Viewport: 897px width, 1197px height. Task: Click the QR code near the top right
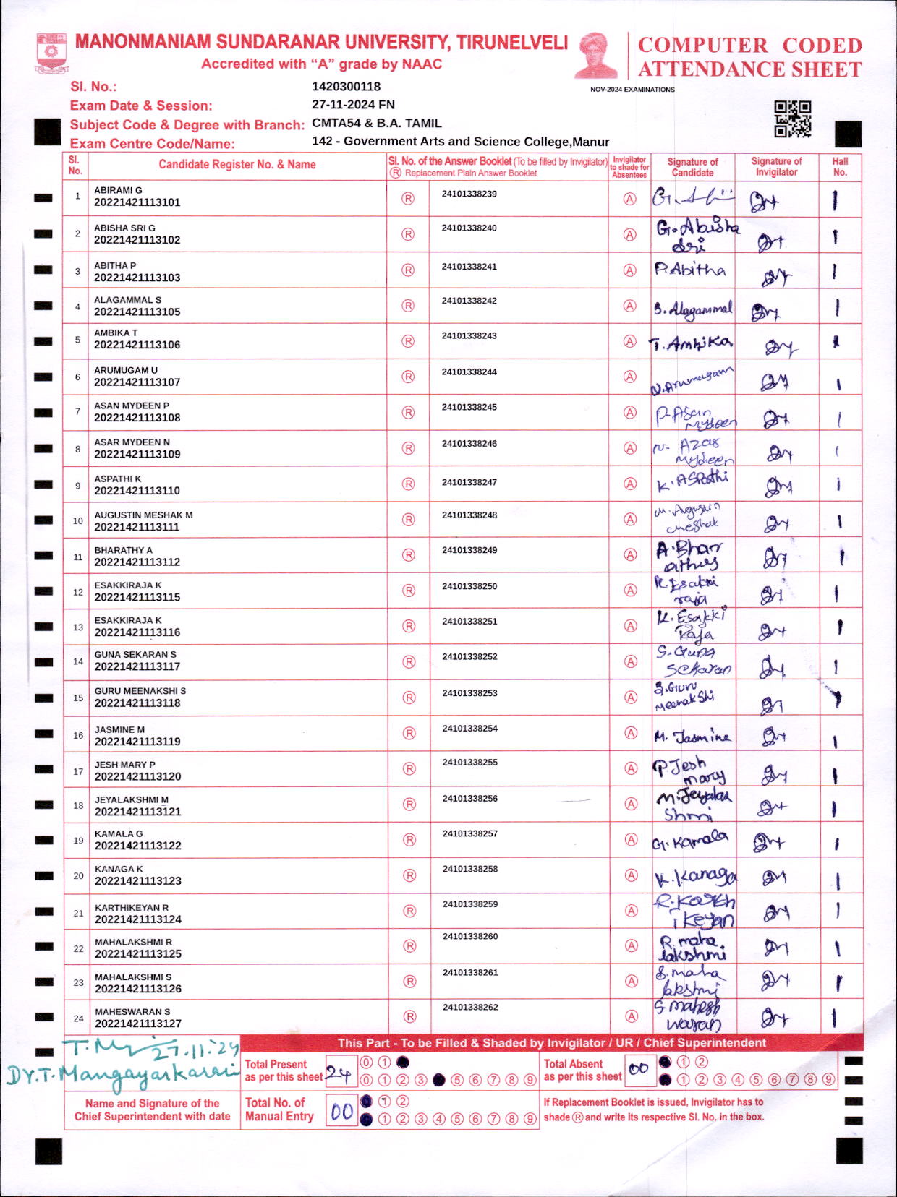[x=792, y=119]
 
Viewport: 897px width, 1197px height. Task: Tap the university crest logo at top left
[x=51, y=52]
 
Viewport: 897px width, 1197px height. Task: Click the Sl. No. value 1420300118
[x=346, y=87]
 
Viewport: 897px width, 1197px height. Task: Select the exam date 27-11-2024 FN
[x=353, y=105]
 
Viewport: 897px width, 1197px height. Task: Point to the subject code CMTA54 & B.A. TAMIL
[x=376, y=124]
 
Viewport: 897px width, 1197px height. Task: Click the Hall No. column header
[x=840, y=167]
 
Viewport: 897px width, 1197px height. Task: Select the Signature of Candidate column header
[x=692, y=167]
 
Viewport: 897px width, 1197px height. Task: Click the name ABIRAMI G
[x=118, y=190]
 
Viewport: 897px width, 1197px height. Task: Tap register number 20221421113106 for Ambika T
[x=137, y=345]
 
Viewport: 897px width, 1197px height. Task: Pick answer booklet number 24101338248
[x=469, y=515]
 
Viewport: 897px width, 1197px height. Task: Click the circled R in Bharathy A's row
[x=408, y=555]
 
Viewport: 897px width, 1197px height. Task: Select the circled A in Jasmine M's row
[x=631, y=733]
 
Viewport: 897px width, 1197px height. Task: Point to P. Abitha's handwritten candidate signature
[x=690, y=270]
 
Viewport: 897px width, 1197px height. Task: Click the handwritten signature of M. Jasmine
[x=692, y=737]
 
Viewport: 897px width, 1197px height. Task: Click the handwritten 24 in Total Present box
[x=337, y=1073]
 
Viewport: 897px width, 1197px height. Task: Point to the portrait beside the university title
[x=596, y=55]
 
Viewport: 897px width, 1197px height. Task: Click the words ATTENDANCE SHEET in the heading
[x=749, y=69]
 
